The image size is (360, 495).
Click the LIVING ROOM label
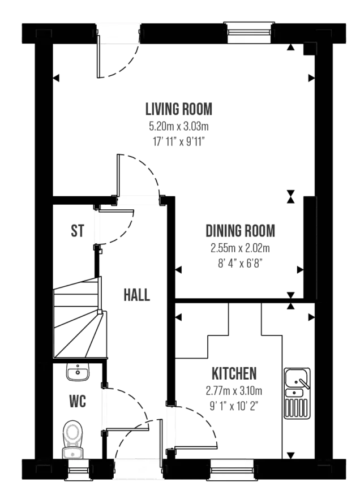click(178, 109)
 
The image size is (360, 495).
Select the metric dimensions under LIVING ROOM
click(178, 126)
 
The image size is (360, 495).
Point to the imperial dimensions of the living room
click(178, 142)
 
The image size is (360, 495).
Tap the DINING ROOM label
click(240, 231)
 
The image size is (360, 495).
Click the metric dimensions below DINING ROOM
click(240, 248)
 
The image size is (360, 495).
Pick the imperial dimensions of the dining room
click(240, 263)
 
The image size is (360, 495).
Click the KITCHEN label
click(233, 374)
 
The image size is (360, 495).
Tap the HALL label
click(137, 295)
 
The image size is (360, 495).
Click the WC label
click(76, 402)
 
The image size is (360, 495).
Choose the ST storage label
click(76, 231)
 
